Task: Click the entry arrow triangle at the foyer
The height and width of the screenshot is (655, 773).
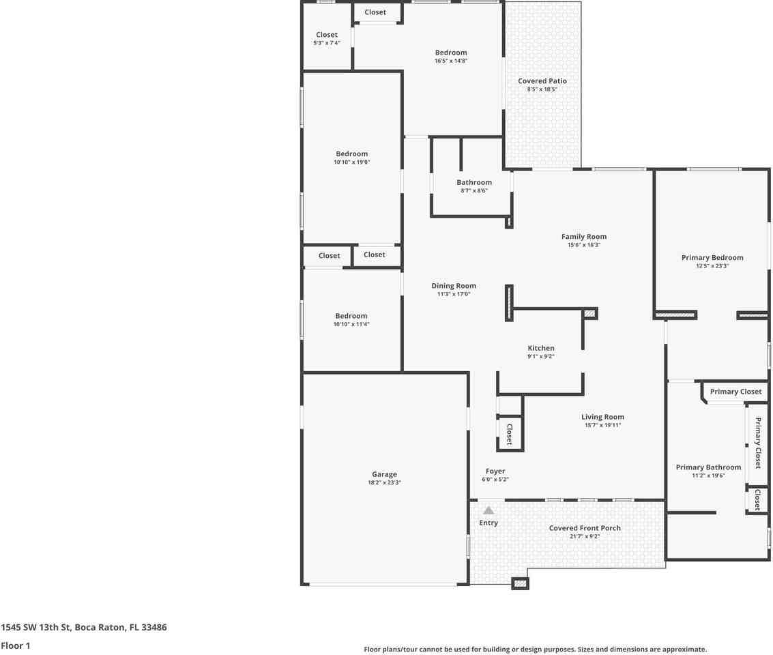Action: pyautogui.click(x=488, y=510)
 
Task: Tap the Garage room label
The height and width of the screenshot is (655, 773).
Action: pyautogui.click(x=384, y=474)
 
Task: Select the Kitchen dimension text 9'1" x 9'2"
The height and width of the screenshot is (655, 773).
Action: pyautogui.click(x=540, y=356)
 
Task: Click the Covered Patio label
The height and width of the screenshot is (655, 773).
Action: pyautogui.click(x=542, y=81)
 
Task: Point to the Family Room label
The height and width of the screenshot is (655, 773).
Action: pyautogui.click(x=583, y=237)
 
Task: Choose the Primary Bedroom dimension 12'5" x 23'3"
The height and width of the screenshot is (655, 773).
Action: pyautogui.click(x=712, y=266)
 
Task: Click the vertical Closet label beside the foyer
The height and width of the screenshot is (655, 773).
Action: pyautogui.click(x=509, y=434)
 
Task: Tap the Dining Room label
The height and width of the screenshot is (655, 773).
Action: pyautogui.click(x=454, y=286)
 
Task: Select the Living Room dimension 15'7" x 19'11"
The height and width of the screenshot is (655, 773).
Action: pyautogui.click(x=602, y=425)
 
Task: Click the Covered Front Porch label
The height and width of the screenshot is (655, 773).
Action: pyautogui.click(x=585, y=528)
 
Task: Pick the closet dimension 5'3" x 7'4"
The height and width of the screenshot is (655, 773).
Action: pyautogui.click(x=326, y=43)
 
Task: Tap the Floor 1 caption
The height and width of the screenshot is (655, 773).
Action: pyautogui.click(x=16, y=645)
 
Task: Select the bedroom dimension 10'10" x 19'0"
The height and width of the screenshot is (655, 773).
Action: pyautogui.click(x=351, y=162)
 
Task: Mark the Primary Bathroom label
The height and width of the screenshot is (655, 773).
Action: pyautogui.click(x=708, y=467)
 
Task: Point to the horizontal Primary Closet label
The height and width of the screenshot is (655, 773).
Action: pyautogui.click(x=735, y=392)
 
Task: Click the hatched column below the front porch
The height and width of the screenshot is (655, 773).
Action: pyautogui.click(x=520, y=583)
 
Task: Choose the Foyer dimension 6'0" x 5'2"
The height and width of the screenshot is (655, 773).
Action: pyautogui.click(x=495, y=480)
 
